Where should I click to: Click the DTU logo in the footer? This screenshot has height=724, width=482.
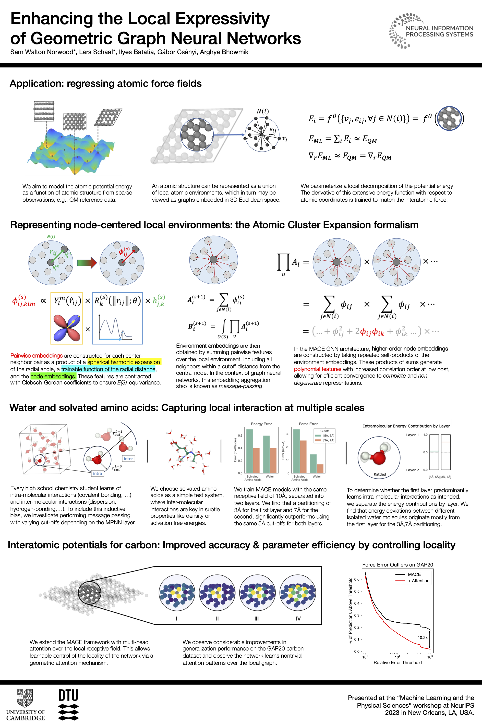tap(68, 704)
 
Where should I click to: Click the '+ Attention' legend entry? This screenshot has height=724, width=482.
tap(418, 581)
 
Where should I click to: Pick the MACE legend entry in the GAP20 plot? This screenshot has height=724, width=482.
tap(414, 574)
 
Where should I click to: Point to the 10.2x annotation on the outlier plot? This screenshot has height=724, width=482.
tap(422, 638)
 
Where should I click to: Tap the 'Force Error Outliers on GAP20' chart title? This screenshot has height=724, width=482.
tap(397, 565)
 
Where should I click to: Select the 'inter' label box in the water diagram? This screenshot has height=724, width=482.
tap(128, 459)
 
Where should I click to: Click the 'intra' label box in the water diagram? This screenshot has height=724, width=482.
tap(98, 474)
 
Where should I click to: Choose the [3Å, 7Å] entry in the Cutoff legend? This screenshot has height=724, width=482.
tap(329, 440)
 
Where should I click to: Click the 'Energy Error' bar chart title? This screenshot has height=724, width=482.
tap(261, 424)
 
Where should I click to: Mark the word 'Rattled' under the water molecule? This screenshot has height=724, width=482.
tap(380, 474)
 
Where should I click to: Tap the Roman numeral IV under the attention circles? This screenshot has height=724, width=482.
tap(298, 619)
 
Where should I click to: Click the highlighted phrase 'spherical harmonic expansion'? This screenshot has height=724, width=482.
tap(124, 362)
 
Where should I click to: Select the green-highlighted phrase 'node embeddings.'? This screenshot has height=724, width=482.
tap(53, 376)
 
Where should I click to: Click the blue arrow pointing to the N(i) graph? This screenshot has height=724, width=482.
tap(229, 135)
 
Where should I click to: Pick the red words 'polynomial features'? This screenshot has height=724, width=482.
tap(317, 369)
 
